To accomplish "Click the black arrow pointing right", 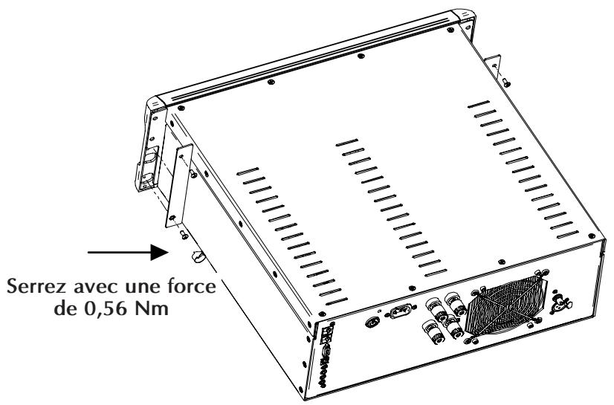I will coord(123,254).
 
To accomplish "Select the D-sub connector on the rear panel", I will coord(400,311).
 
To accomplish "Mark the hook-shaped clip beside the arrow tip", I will coord(198,258).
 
